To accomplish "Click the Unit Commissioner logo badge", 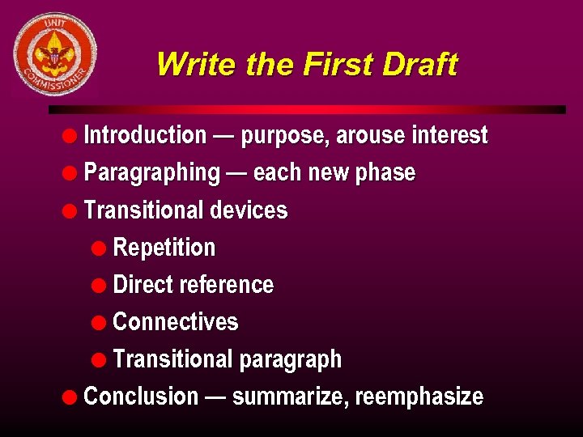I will tap(54, 53).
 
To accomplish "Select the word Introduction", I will tap(145, 135).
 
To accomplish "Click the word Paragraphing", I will tap(151, 172).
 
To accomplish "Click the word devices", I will tap(249, 210).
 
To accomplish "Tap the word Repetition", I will tap(164, 248).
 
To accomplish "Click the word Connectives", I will tap(176, 322).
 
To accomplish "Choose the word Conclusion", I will tap(141, 397).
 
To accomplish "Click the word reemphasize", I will tap(419, 397).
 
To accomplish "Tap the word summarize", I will tap(290, 397).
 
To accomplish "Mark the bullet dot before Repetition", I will tap(99, 248).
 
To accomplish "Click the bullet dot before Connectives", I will tap(99, 322).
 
